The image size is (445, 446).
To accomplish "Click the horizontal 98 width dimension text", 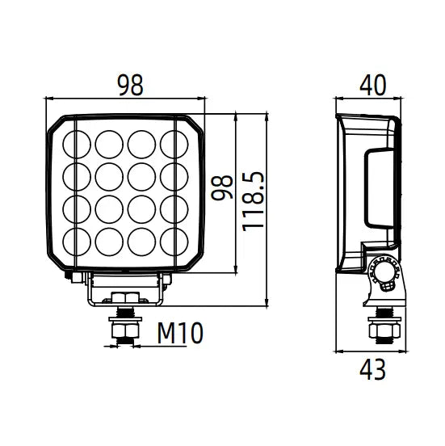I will (x=126, y=83).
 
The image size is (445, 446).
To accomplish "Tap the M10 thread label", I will (x=179, y=332).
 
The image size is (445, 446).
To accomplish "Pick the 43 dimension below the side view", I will (x=372, y=370).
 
